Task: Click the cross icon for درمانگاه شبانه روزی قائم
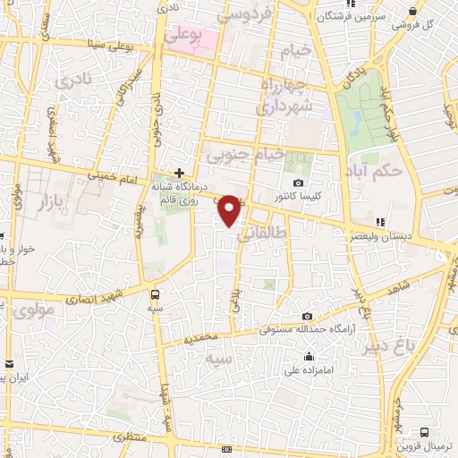click(x=180, y=172)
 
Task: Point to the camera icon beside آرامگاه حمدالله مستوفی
click(x=307, y=316)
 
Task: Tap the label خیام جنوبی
click(x=245, y=155)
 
